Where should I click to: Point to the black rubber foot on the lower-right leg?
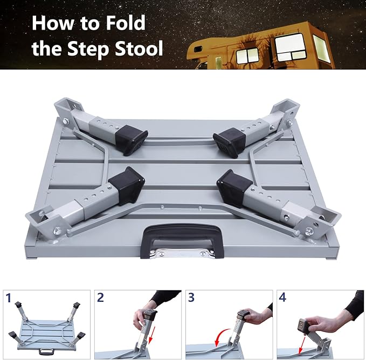[233, 187]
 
